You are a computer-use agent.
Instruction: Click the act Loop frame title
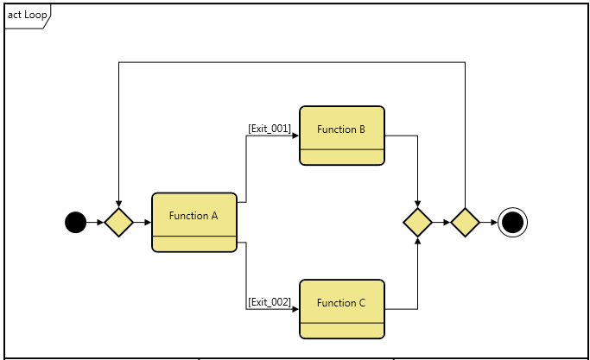click(x=27, y=15)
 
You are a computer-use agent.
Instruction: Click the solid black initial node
click(x=76, y=223)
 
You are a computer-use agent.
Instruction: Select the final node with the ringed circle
click(x=512, y=223)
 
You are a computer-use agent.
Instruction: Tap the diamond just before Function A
click(x=118, y=223)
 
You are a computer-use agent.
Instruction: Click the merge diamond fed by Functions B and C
click(x=417, y=223)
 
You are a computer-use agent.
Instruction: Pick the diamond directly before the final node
click(x=465, y=223)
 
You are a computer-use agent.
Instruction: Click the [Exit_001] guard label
click(x=270, y=129)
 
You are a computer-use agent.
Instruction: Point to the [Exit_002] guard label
click(x=270, y=302)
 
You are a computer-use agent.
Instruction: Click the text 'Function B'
click(x=341, y=129)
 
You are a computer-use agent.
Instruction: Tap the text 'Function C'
click(x=341, y=303)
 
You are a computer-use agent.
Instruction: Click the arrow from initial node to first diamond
click(x=95, y=223)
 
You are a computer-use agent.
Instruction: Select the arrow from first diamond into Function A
click(x=142, y=223)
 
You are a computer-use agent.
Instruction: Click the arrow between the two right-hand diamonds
click(x=441, y=223)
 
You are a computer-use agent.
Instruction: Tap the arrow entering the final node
click(x=488, y=223)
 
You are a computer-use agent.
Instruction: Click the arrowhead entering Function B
click(x=295, y=136)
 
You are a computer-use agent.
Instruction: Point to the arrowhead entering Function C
click(x=295, y=308)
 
